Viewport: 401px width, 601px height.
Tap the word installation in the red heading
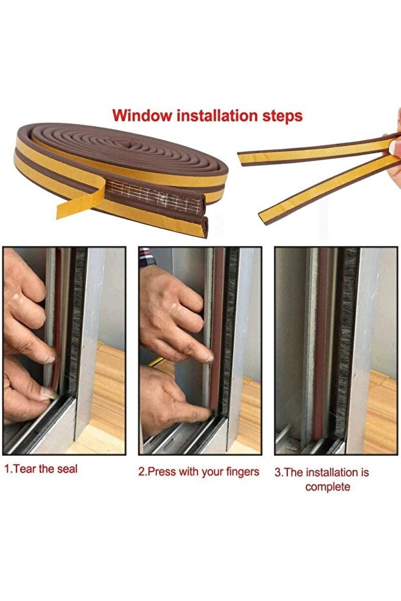pyautogui.click(x=216, y=116)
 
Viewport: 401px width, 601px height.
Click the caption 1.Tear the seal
pyautogui.click(x=41, y=469)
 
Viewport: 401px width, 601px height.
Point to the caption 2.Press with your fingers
pyautogui.click(x=199, y=472)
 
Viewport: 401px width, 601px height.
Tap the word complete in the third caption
pyautogui.click(x=328, y=487)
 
